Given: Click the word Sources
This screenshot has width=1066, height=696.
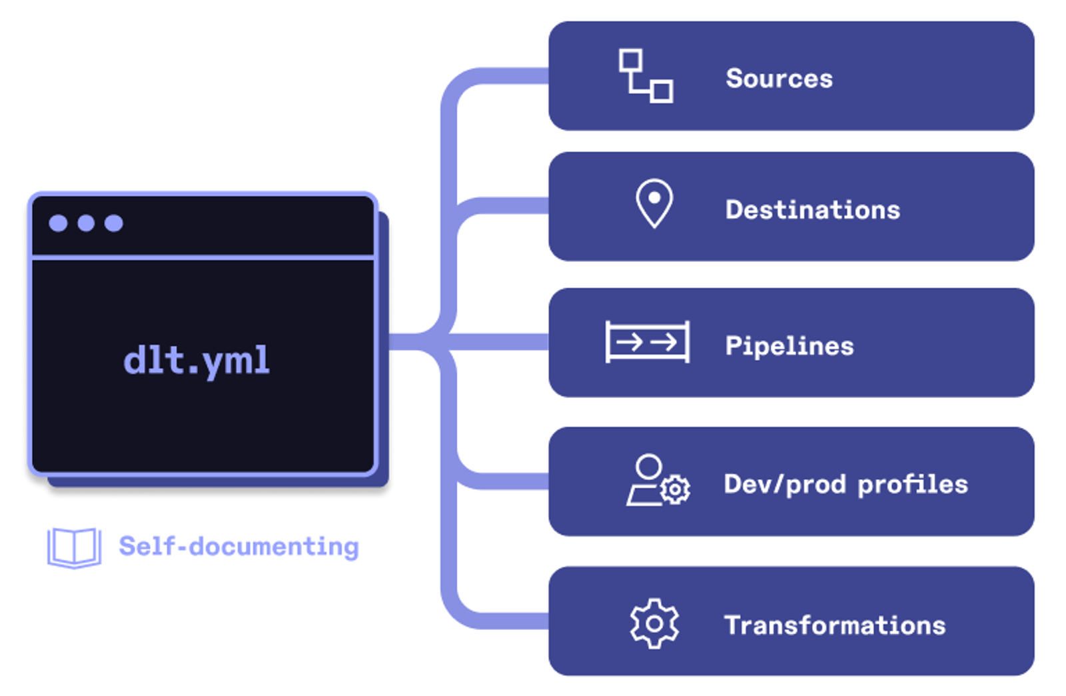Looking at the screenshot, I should click(x=779, y=79).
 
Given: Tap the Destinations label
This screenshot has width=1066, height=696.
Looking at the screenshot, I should click(x=812, y=210).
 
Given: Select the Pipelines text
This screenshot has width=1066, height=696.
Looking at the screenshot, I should click(x=789, y=346).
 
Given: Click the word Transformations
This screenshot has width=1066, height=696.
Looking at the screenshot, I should click(x=834, y=625).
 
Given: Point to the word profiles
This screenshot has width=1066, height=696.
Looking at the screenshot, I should click(x=912, y=485).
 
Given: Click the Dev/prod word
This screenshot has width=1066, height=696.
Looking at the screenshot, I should click(x=784, y=485).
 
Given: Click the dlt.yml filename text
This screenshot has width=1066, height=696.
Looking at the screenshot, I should click(x=197, y=361).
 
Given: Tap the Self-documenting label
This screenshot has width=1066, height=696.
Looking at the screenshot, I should click(x=239, y=547).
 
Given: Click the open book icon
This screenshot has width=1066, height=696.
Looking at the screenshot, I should click(x=74, y=547).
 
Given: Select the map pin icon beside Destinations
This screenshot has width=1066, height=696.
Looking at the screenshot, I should click(x=654, y=203).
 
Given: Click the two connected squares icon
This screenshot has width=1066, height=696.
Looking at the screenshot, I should click(x=645, y=75).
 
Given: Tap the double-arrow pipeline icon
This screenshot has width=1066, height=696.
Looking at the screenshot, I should click(x=647, y=342).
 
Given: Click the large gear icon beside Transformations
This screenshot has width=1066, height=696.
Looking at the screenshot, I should click(x=654, y=623).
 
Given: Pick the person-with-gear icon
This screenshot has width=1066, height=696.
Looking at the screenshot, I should click(x=656, y=481).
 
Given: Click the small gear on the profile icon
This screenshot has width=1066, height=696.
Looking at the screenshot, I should click(x=676, y=491).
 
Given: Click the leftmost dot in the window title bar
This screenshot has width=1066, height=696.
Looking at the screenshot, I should click(x=58, y=223).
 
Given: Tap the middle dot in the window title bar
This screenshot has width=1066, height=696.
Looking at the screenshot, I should click(x=86, y=223).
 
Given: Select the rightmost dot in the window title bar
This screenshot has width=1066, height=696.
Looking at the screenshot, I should click(x=114, y=223).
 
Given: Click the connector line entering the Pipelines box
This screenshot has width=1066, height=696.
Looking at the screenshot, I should click(x=500, y=342).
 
